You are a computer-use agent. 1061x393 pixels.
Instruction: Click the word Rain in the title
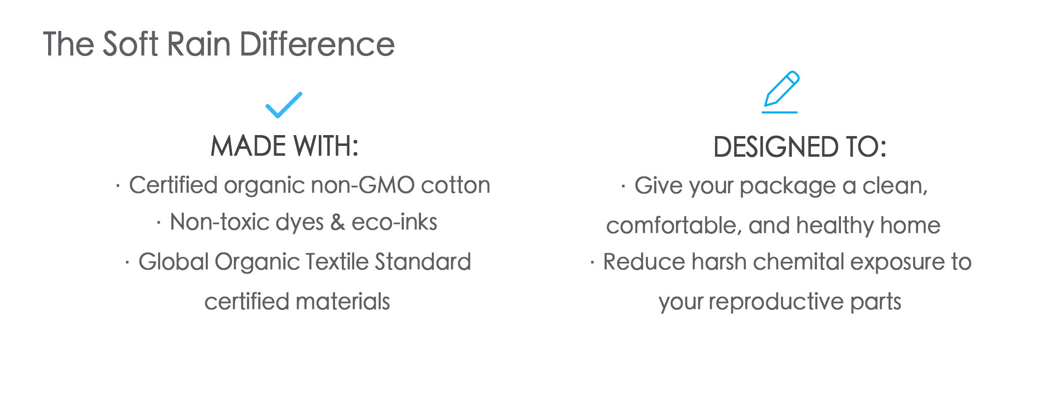[x=199, y=44]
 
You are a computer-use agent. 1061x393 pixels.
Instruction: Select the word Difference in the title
[x=317, y=44]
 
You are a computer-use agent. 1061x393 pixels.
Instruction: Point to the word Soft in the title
[x=130, y=44]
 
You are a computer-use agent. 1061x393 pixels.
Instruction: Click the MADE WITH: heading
[x=285, y=146]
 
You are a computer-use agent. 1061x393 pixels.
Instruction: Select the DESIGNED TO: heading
[x=800, y=147]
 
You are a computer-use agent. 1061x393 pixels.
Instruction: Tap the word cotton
[x=456, y=186]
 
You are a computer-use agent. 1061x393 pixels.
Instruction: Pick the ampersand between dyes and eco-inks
[x=337, y=222]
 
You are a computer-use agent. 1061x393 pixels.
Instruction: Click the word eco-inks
[x=394, y=222]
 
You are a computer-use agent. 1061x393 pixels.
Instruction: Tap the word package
[x=787, y=187]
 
